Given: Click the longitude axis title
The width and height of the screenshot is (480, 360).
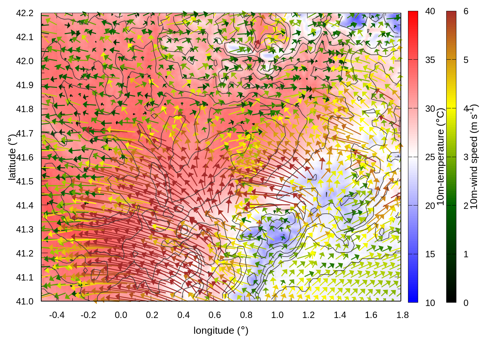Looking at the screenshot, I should click(221, 330).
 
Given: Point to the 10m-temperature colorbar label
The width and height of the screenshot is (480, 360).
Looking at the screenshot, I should click(441, 157).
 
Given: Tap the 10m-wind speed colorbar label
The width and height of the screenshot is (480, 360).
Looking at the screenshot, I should click(474, 157).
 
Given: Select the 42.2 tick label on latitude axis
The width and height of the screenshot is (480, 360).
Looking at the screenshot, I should click(25, 13).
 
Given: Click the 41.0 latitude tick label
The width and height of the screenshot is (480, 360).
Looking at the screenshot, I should click(25, 301).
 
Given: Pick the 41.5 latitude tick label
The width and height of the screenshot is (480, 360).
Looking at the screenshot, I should click(25, 181).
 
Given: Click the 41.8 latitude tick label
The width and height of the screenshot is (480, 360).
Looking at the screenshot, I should click(25, 109).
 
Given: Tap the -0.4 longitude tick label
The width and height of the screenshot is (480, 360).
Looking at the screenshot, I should click(57, 315).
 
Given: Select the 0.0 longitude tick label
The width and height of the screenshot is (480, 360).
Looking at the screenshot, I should click(121, 315).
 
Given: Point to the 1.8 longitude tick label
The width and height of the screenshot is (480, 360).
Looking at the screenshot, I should click(402, 315).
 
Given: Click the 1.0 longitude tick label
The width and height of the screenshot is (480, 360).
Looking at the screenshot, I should click(277, 315).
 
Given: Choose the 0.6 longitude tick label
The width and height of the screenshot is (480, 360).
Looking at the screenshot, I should click(214, 315).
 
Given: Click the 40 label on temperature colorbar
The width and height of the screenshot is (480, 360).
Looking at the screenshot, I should click(430, 11).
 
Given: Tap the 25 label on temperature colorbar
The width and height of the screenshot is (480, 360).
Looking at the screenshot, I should click(430, 157).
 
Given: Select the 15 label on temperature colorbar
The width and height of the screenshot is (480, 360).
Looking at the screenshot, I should click(430, 254).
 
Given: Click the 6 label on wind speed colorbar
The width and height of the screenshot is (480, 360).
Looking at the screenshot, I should click(466, 11).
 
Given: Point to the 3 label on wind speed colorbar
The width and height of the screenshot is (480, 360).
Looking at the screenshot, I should click(466, 157).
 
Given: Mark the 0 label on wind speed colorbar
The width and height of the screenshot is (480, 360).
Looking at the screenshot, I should click(466, 303).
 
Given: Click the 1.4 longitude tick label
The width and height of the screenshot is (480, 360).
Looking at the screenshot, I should click(340, 315).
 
